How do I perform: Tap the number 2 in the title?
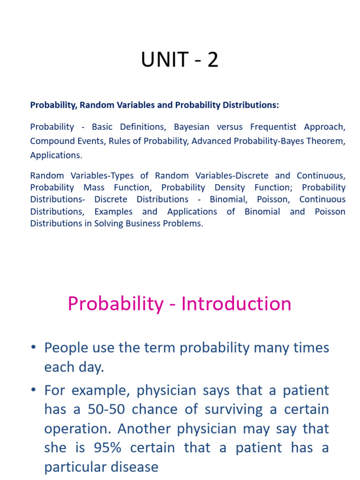(x=213, y=60)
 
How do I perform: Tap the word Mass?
(x=94, y=187)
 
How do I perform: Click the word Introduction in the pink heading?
(x=236, y=304)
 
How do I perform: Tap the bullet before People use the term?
(x=34, y=348)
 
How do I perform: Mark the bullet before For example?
(x=34, y=390)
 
